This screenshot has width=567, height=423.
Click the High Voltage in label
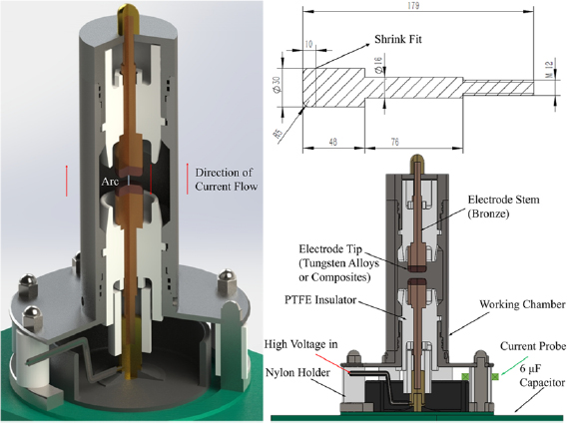click(303, 344)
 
